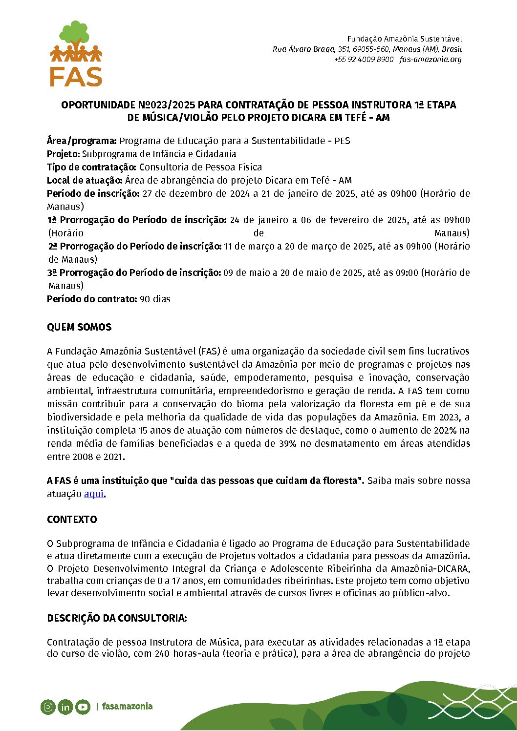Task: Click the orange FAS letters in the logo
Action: tap(76, 77)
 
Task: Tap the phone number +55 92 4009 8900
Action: tap(364, 60)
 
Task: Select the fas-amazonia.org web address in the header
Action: tap(431, 60)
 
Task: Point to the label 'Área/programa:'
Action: tap(82, 141)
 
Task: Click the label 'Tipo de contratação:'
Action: tap(91, 167)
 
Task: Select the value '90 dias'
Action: tap(155, 299)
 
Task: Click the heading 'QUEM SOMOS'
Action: tap(79, 327)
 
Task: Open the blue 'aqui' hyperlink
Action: tap(94, 494)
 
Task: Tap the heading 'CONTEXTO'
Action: tap(72, 520)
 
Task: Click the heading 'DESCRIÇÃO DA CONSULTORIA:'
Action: tap(117, 618)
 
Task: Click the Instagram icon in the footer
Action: tap(48, 707)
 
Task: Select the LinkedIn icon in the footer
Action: tap(65, 707)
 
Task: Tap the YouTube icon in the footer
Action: tap(83, 707)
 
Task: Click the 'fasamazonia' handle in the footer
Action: tap(127, 706)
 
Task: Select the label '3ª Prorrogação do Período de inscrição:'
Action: tap(134, 272)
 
